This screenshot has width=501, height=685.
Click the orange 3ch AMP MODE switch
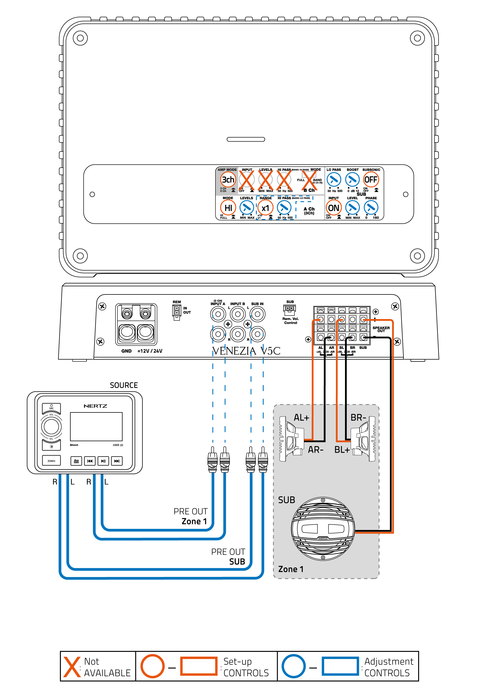(x=228, y=180)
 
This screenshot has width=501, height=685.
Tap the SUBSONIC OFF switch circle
(x=371, y=180)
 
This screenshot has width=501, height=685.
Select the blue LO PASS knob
(x=334, y=180)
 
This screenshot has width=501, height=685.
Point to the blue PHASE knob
(x=371, y=208)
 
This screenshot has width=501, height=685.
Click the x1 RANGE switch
(x=265, y=208)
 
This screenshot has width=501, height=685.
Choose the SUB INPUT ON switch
(x=334, y=208)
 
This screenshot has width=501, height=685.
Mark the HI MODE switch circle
(x=228, y=208)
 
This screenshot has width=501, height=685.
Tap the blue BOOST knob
(x=352, y=180)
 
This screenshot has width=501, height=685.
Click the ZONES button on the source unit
(x=51, y=461)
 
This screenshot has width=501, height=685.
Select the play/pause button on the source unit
(x=103, y=461)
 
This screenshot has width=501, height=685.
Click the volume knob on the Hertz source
(x=51, y=427)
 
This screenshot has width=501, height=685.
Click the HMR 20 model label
(x=118, y=445)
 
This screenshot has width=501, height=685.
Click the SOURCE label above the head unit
(x=124, y=385)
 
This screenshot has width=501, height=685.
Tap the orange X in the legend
(x=72, y=667)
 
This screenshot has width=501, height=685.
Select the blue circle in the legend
(x=293, y=666)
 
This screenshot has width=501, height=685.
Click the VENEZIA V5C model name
(x=246, y=351)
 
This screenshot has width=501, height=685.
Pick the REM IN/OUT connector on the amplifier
(x=177, y=312)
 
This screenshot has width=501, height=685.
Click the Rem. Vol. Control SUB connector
(x=290, y=309)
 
